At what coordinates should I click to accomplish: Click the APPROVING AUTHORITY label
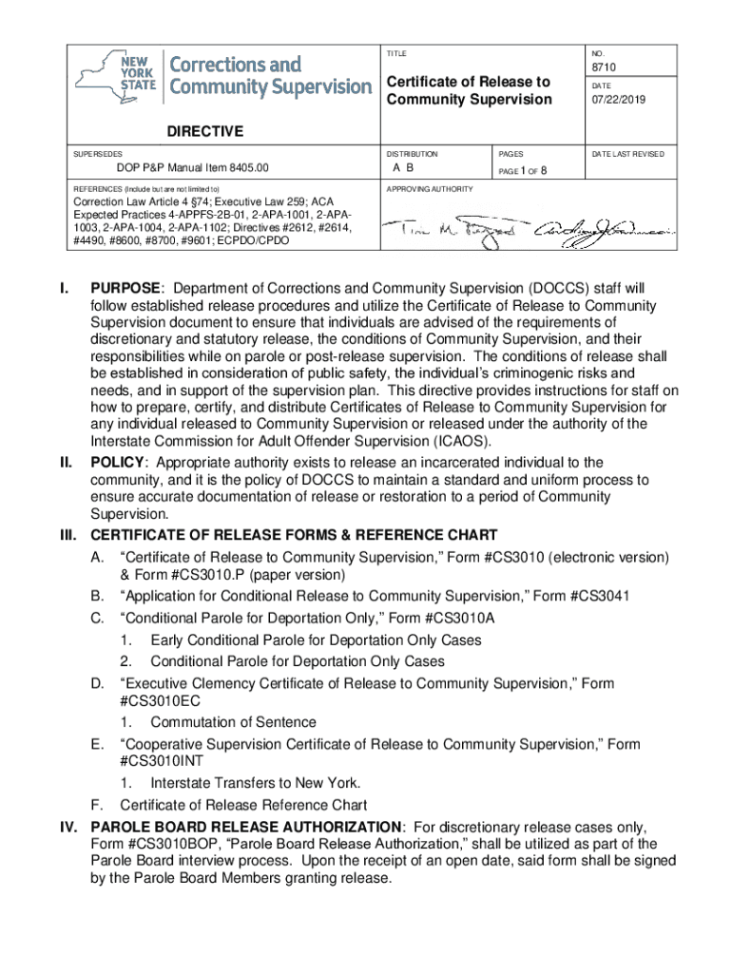[x=429, y=189]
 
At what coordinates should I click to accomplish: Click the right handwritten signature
[x=603, y=229]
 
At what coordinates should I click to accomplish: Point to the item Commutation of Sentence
[x=233, y=722]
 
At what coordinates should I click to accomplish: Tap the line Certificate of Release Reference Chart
[x=242, y=805]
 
